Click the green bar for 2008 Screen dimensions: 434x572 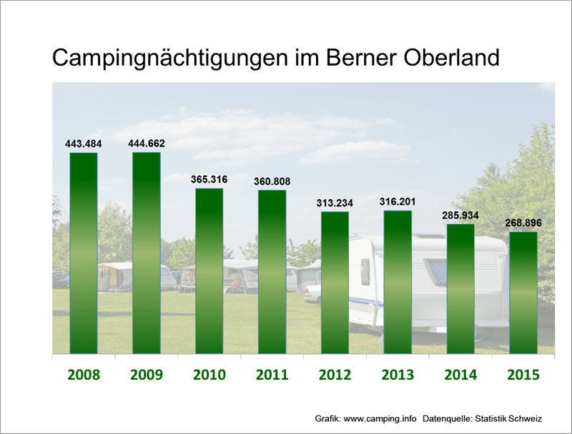coord(84,253)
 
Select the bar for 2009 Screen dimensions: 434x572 coord(147,253)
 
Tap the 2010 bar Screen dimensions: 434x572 coord(209,271)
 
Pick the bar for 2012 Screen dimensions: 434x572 coord(335,282)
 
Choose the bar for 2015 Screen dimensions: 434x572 coord(523,292)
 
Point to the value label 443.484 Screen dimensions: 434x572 coord(84,143)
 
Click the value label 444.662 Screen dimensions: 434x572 coord(147,143)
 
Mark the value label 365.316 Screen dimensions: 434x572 coord(209,179)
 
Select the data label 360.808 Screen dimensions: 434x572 coord(272,181)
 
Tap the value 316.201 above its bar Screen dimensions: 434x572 coord(398,201)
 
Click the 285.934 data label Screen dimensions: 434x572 coord(460,215)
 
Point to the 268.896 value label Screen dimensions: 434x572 coord(523,223)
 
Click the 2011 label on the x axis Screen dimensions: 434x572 coord(272,375)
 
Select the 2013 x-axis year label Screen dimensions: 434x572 coord(398,375)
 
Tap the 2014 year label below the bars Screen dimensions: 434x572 coord(460,375)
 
